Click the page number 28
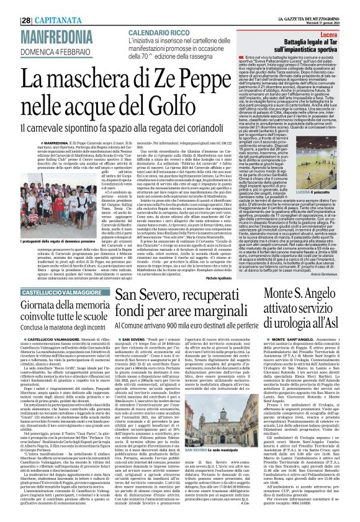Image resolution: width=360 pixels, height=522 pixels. point(11,5)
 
